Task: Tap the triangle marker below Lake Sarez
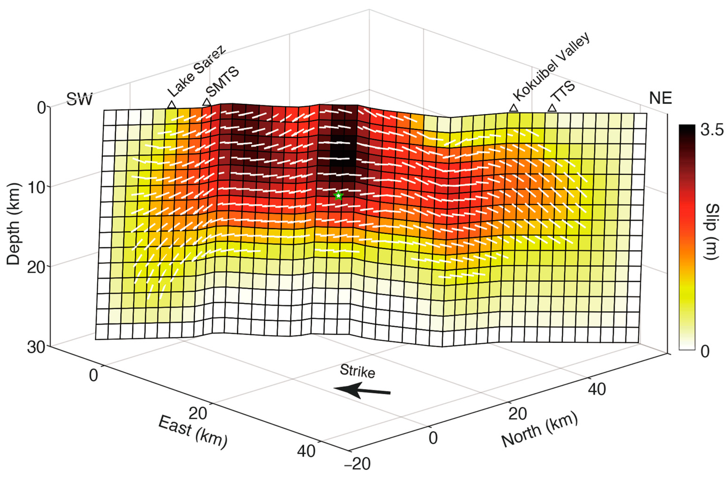(x=172, y=105)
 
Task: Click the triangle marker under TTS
(x=552, y=108)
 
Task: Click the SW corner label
(x=79, y=99)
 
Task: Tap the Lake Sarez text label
(x=197, y=72)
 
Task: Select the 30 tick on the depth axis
(x=36, y=348)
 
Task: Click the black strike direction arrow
(x=362, y=391)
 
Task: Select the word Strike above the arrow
(x=357, y=371)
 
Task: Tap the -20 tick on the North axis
(x=357, y=463)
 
